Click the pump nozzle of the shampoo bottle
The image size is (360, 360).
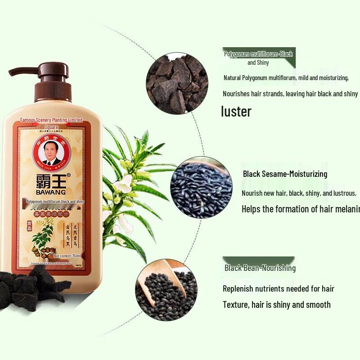(x=20, y=72)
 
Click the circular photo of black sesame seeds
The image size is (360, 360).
(x=201, y=187)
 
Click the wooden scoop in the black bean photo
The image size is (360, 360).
(x=173, y=279)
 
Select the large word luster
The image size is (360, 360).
(x=236, y=112)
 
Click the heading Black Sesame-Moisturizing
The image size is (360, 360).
(x=285, y=174)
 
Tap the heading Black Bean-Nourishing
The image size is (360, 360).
(x=260, y=268)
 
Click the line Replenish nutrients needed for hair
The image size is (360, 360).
(x=279, y=288)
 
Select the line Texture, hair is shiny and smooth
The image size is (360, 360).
(x=277, y=305)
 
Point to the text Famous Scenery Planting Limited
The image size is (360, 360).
(x=52, y=121)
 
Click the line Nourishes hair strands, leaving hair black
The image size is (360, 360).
(x=290, y=94)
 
